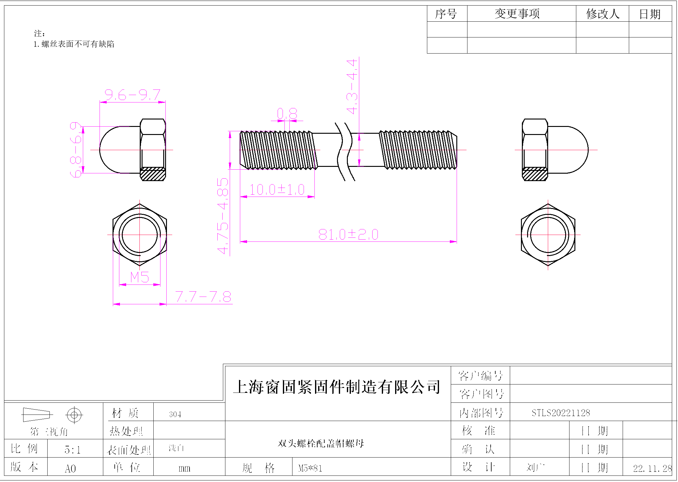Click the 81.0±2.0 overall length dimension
coord(348,235)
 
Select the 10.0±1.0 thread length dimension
coord(277,190)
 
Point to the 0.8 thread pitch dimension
coord(287,114)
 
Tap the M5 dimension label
coord(139,277)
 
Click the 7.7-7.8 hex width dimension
coord(203,297)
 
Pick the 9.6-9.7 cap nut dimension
coord(132,95)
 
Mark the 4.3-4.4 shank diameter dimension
coord(352,87)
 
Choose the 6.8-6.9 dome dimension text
coord(76,150)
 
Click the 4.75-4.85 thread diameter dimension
coord(223,216)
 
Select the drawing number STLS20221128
coord(561,413)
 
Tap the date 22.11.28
coord(652,468)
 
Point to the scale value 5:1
coord(73,449)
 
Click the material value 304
coord(175,414)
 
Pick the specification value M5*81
coord(310,468)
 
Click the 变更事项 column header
coord(517,14)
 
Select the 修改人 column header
coord(603,14)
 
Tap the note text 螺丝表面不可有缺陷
coord(78,44)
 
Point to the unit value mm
coord(184,468)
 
